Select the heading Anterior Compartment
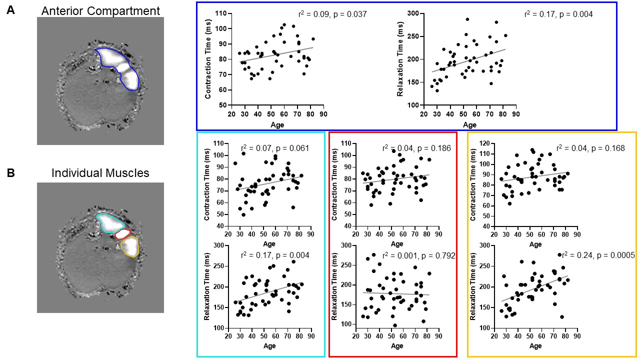tap(100, 10)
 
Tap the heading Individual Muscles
tap(100, 173)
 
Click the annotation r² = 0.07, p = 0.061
tap(274, 148)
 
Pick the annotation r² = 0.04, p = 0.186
tap(416, 148)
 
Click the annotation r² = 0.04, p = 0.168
tap(591, 148)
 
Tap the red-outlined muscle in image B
tap(122, 234)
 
